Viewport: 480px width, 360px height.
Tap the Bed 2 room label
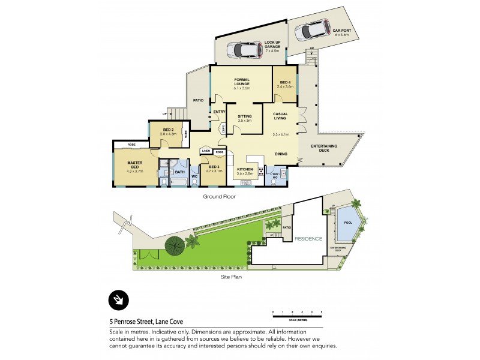tap(169, 131)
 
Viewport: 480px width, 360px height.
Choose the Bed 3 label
tap(214, 168)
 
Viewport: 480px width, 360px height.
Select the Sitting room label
tap(244, 118)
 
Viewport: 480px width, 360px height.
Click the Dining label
tap(281, 154)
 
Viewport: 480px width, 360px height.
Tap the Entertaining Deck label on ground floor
tap(324, 148)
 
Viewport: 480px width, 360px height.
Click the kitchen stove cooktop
tap(262, 170)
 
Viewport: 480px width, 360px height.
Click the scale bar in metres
tap(297, 312)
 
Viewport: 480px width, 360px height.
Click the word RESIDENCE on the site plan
tap(308, 239)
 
